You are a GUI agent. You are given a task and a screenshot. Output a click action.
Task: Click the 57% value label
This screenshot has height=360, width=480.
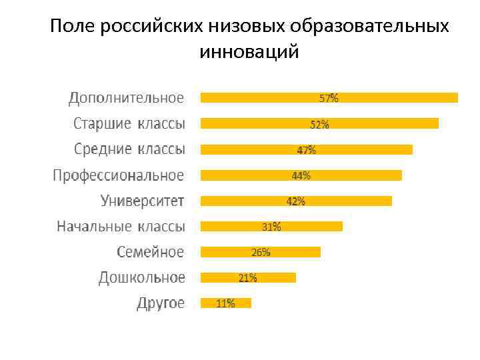329,98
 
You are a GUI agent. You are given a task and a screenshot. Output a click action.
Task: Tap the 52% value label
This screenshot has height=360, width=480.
319,124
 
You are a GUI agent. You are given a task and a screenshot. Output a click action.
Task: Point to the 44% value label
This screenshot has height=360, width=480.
301,175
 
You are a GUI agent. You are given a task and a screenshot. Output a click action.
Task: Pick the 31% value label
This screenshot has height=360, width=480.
271,227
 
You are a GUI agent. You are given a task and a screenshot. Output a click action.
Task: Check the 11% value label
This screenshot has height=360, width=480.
225,303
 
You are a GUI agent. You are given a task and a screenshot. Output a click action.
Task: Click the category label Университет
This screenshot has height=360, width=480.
142,201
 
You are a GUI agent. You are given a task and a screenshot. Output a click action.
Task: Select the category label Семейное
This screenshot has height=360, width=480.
150,252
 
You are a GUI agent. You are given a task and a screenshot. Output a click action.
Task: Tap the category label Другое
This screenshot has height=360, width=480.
161,303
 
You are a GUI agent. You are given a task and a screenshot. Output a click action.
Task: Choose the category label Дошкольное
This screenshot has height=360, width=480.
141,277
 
